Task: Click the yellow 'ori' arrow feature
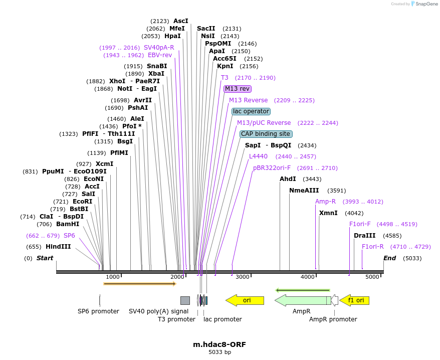tap(245, 300)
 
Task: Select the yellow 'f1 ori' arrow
tap(354, 300)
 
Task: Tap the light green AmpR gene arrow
tap(303, 300)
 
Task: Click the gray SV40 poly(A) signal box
tap(185, 300)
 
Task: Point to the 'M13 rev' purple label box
tap(238, 89)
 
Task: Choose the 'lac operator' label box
tap(251, 111)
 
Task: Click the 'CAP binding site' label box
tap(266, 134)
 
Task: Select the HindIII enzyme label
tap(58, 247)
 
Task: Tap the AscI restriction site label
tap(181, 21)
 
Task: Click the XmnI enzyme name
tap(328, 213)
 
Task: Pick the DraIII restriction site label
tap(364, 236)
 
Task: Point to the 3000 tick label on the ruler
tap(243, 277)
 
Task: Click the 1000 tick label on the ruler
tap(113, 277)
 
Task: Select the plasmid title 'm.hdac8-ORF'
tap(219, 344)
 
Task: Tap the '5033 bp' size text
tap(219, 352)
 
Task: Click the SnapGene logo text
tap(426, 4)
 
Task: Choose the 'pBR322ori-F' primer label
tap(272, 168)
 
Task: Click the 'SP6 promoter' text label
tap(99, 311)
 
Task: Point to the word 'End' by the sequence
tap(389, 258)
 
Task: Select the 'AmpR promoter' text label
tap(333, 319)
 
